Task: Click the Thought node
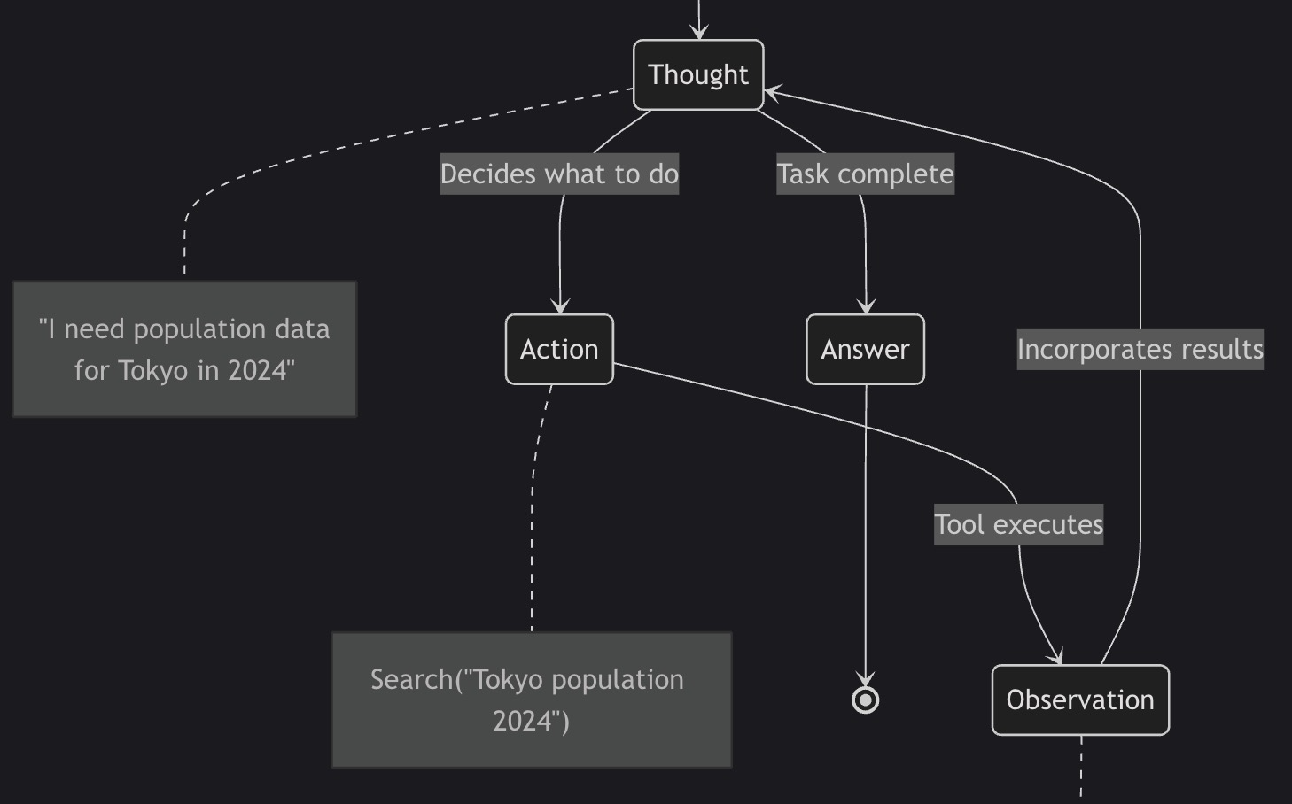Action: pyautogui.click(x=698, y=75)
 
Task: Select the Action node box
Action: pyautogui.click(x=559, y=350)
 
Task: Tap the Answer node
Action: pyautogui.click(x=865, y=350)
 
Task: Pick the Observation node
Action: pyautogui.click(x=1080, y=700)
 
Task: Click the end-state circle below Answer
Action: pyautogui.click(x=866, y=700)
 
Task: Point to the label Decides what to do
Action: pyautogui.click(x=559, y=174)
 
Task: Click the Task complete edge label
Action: pyautogui.click(x=865, y=174)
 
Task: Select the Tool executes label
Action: pyautogui.click(x=1018, y=525)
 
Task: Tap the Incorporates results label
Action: pyautogui.click(x=1140, y=350)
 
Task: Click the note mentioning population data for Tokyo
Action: pyautogui.click(x=184, y=350)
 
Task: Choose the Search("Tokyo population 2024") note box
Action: pyautogui.click(x=532, y=700)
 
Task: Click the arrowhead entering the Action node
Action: pyautogui.click(x=560, y=306)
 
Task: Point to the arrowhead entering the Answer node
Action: pyautogui.click(x=866, y=306)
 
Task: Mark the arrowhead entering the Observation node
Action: pyautogui.click(x=1055, y=657)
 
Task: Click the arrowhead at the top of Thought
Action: pyautogui.click(x=699, y=32)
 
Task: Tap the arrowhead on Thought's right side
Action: pyautogui.click(x=772, y=91)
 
